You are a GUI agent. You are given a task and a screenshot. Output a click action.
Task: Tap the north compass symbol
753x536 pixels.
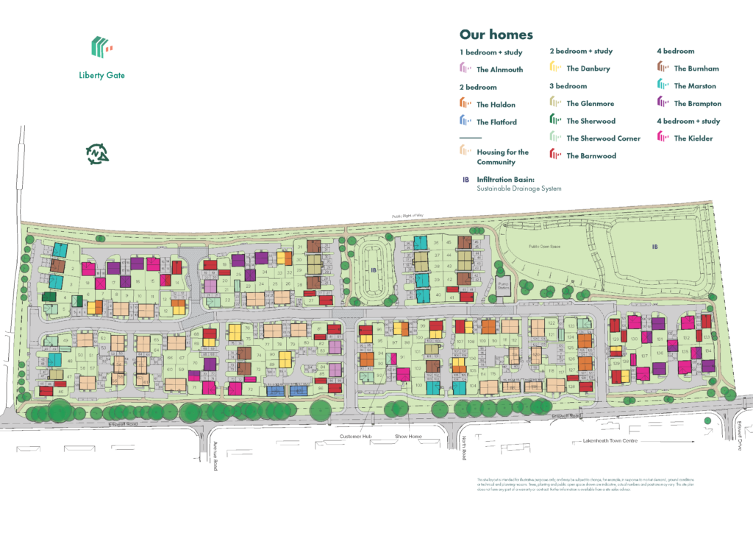pyautogui.click(x=97, y=153)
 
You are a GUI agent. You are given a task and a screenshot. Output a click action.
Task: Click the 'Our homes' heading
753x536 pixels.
pyautogui.click(x=496, y=35)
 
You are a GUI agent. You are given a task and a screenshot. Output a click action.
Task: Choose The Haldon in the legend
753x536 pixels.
pyautogui.click(x=488, y=105)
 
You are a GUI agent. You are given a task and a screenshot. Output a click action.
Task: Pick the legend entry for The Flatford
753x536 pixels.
pyautogui.click(x=489, y=122)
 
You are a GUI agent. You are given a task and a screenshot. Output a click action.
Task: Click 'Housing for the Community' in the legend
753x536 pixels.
pyautogui.click(x=496, y=157)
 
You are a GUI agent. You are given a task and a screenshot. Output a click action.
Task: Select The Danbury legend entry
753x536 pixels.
pyautogui.click(x=581, y=68)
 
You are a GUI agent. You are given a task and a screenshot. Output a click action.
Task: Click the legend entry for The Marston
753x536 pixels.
pyautogui.click(x=687, y=86)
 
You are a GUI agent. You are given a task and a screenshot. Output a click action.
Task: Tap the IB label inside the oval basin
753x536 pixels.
pyautogui.click(x=373, y=271)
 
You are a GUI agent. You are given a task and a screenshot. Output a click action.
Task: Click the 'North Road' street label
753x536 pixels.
pyautogui.click(x=465, y=450)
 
